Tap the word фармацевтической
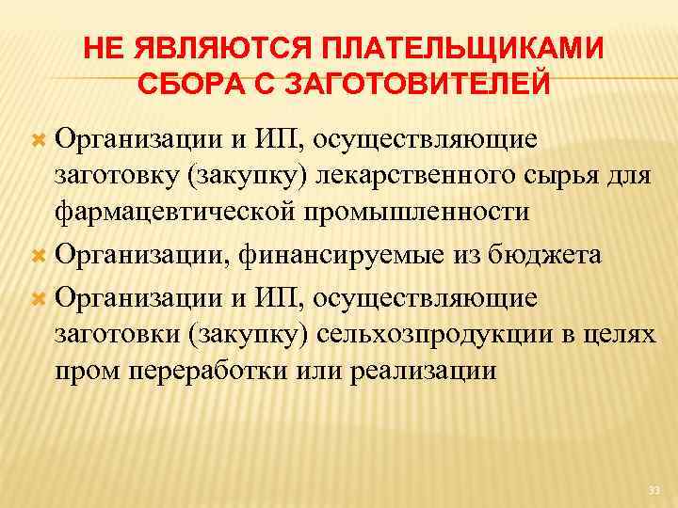186,212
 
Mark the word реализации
423,371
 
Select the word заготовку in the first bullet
117,176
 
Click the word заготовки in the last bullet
117,334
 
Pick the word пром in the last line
86,371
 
